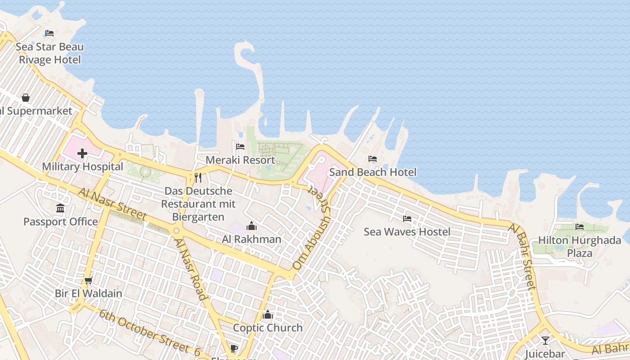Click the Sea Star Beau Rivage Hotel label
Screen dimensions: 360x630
point(49,53)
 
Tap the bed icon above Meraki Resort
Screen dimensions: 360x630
point(240,147)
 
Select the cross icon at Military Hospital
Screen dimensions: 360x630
point(82,154)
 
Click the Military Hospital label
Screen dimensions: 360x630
point(82,166)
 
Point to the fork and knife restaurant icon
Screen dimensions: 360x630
point(198,178)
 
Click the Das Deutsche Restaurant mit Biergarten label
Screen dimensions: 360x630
point(198,204)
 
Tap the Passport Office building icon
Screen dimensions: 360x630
point(60,208)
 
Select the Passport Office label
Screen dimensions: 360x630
point(60,222)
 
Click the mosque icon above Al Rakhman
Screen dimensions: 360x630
point(252,226)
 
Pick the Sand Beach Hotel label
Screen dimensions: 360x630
point(373,172)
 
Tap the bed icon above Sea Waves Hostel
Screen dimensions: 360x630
point(407,219)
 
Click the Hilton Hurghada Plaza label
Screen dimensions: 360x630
point(580,247)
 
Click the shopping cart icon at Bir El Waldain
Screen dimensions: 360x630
point(89,280)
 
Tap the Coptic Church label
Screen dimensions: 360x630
point(268,328)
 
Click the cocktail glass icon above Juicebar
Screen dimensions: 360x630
point(545,340)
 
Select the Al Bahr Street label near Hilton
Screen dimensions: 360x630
point(522,256)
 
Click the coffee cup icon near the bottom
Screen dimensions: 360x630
point(234,348)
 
